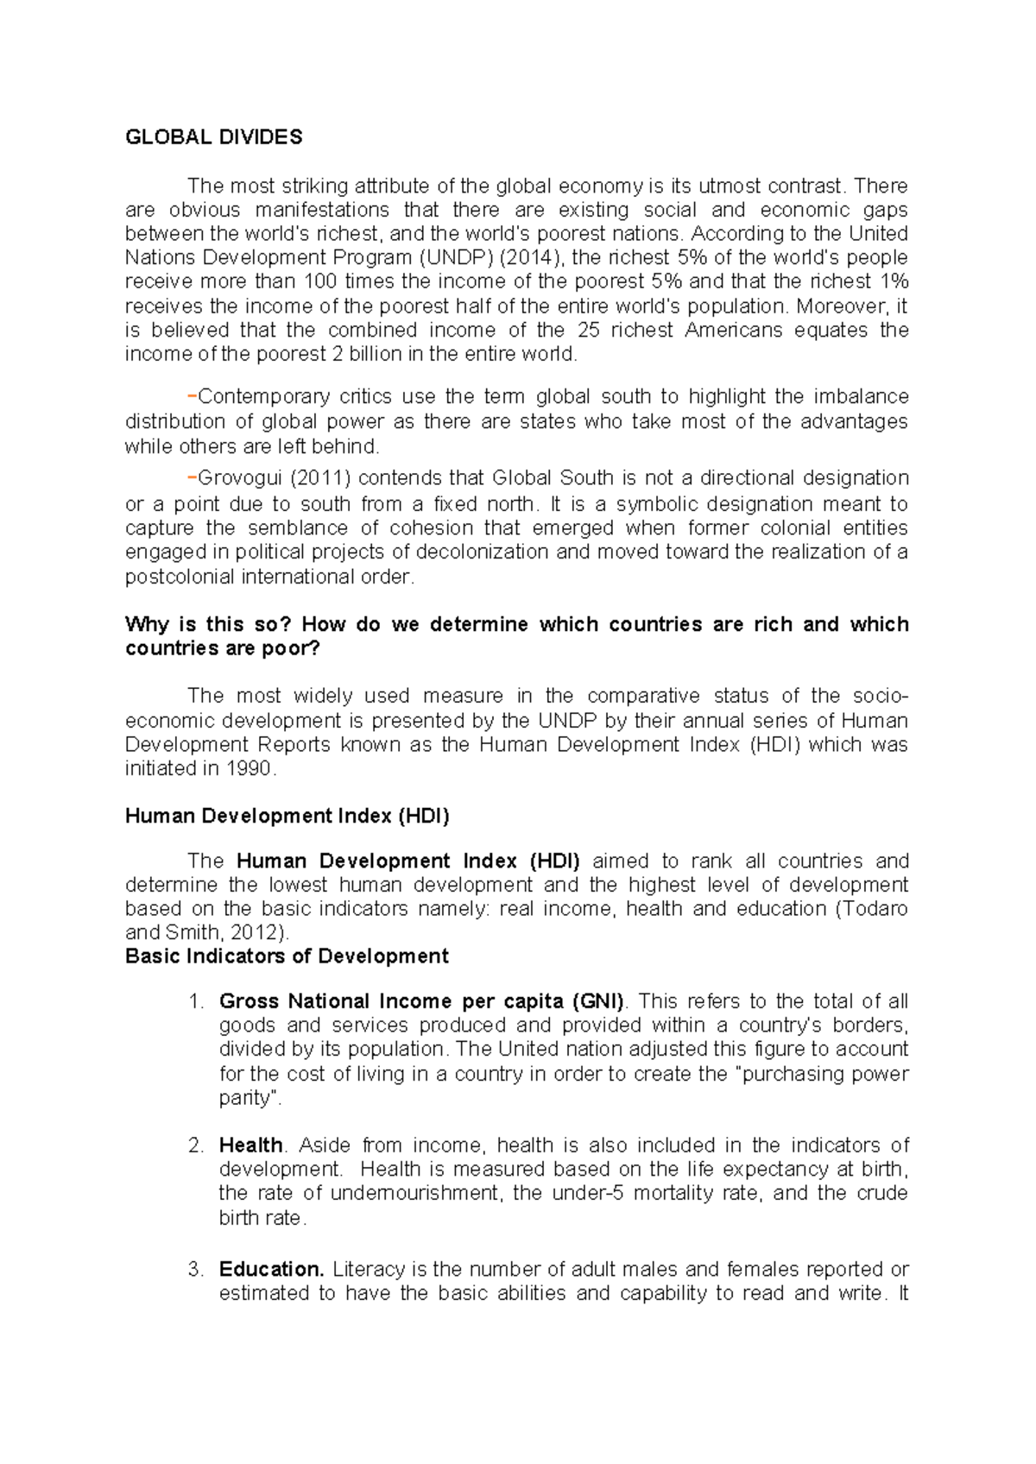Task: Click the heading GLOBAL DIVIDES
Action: [213, 137]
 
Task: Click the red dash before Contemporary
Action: [191, 396]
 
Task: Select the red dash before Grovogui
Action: [191, 477]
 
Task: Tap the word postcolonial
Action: [180, 577]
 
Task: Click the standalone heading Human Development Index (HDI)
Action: [287, 816]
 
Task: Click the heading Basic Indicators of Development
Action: [287, 956]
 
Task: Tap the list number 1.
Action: [195, 1001]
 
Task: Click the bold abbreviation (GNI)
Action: [597, 1001]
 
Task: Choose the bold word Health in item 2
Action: [250, 1145]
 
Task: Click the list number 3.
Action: [195, 1270]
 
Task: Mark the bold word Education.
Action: [270, 1270]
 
